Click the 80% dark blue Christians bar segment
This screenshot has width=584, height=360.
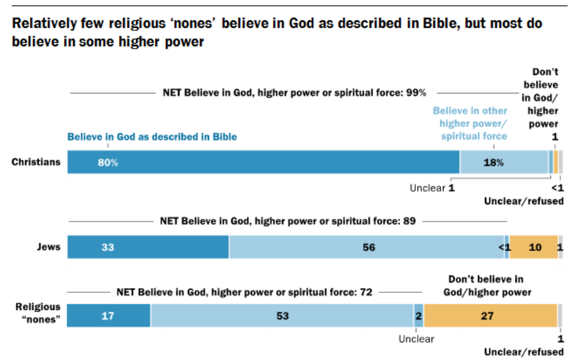pyautogui.click(x=263, y=162)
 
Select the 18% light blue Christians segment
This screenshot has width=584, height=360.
pyautogui.click(x=503, y=162)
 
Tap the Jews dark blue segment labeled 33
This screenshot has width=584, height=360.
pyautogui.click(x=147, y=247)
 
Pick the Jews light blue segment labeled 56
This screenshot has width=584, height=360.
pyautogui.click(x=367, y=247)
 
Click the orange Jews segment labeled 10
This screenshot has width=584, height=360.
pyautogui.click(x=533, y=247)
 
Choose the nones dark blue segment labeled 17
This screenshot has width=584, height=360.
pyautogui.click(x=108, y=315)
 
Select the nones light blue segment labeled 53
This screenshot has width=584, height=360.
pyautogui.click(x=282, y=315)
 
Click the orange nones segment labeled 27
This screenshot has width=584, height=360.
pyautogui.click(x=490, y=315)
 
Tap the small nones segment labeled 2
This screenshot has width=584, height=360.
pyautogui.click(x=419, y=315)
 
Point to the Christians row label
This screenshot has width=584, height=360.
pyautogui.click(x=36, y=162)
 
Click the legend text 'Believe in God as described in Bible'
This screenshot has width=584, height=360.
pyautogui.click(x=153, y=136)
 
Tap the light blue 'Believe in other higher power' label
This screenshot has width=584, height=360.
pyautogui.click(x=470, y=123)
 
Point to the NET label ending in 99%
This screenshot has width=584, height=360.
pyautogui.click(x=291, y=93)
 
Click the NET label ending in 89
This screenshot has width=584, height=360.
pyautogui.click(x=288, y=222)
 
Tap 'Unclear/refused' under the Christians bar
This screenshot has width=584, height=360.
pyautogui.click(x=524, y=201)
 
